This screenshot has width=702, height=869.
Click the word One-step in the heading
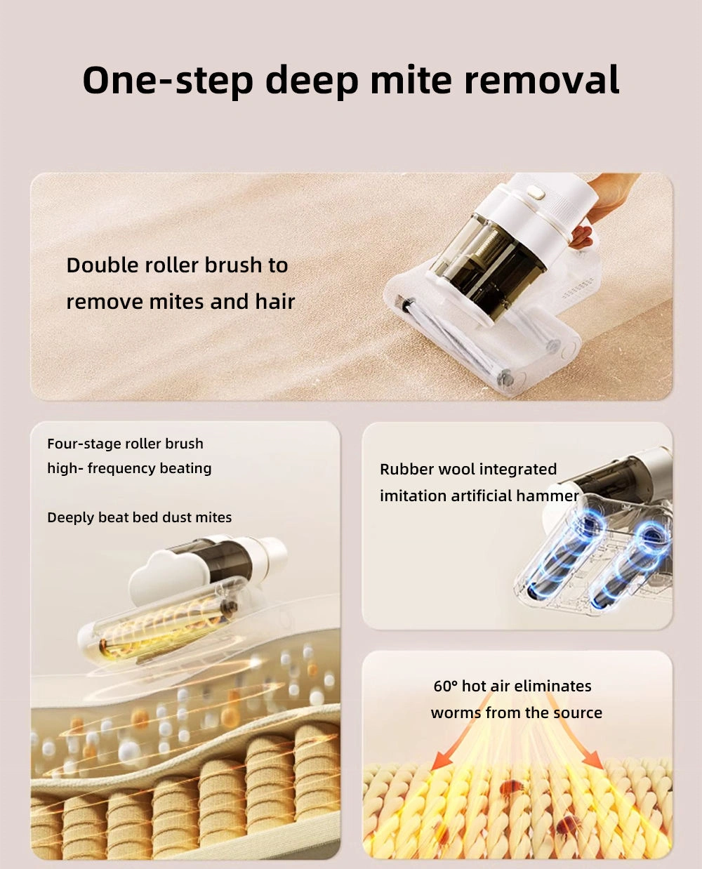click(168, 80)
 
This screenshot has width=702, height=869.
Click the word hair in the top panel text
click(275, 302)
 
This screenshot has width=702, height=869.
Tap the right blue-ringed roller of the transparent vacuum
click(630, 567)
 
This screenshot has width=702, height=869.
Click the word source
click(577, 713)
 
